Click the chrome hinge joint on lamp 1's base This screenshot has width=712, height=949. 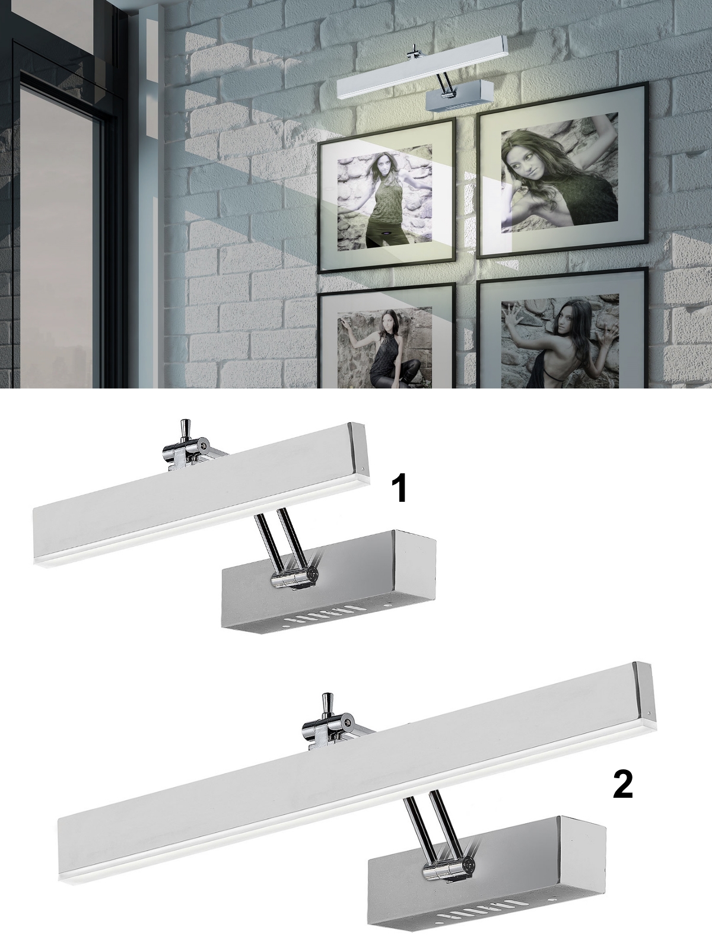(293, 578)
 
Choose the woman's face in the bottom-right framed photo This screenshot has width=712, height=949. (565, 317)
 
